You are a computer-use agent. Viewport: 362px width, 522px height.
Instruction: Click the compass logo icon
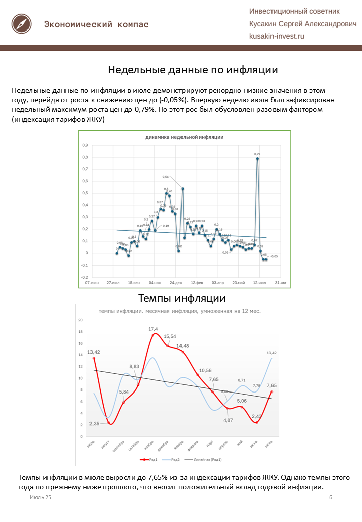tap(22, 24)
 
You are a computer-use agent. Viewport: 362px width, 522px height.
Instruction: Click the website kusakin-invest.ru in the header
tap(277, 36)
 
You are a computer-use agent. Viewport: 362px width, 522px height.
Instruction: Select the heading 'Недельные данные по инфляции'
tap(193, 70)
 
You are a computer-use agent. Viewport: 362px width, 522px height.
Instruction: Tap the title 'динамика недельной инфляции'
tap(184, 137)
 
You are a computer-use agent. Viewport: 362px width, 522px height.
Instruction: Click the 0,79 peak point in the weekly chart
tap(257, 158)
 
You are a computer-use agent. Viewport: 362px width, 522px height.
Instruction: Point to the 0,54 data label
tap(166, 177)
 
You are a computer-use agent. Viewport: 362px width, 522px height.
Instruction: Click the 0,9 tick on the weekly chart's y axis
tap(85, 145)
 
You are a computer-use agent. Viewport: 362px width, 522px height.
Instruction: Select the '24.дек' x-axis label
tap(175, 283)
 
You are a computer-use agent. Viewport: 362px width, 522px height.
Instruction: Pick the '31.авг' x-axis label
tap(280, 283)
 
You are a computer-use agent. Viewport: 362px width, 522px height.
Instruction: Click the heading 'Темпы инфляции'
tap(182, 298)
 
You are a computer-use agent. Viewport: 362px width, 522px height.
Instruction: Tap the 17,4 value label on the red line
tap(153, 329)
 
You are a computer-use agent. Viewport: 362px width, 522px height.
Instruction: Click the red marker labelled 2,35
tap(109, 423)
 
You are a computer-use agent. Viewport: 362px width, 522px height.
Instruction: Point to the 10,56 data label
tap(205, 371)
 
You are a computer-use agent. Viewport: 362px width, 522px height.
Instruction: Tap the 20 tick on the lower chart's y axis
tap(80, 320)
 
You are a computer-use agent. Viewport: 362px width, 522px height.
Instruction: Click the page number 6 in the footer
tap(331, 497)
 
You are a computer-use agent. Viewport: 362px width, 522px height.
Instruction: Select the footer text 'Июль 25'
tap(40, 497)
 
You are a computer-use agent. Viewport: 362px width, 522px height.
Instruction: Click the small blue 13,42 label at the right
tap(271, 353)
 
